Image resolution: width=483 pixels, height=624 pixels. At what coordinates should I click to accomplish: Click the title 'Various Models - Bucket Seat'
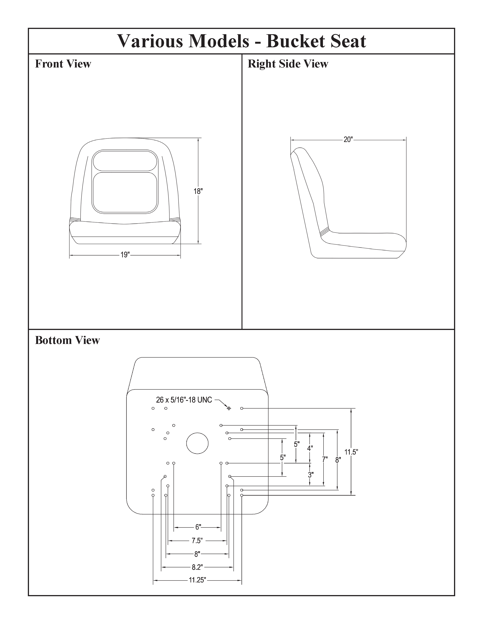click(x=241, y=41)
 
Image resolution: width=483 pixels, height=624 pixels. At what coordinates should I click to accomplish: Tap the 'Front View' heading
click(x=63, y=64)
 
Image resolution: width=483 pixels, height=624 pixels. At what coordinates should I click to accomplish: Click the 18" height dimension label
click(x=198, y=191)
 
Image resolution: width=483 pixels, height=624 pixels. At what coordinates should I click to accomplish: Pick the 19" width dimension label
click(x=125, y=255)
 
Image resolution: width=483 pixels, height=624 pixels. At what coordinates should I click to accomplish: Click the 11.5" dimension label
click(x=351, y=452)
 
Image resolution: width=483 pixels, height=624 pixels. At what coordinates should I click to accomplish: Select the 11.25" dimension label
click(x=197, y=580)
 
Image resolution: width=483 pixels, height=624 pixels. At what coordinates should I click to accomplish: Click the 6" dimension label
click(x=198, y=527)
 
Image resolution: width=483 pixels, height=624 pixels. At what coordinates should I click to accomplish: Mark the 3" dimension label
click(x=310, y=475)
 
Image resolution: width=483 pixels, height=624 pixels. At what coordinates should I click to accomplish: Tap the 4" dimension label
click(x=310, y=449)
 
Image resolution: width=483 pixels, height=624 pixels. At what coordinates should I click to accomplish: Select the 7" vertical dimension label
click(x=325, y=459)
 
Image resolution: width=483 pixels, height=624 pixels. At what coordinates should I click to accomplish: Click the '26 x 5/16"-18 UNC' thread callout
click(x=184, y=400)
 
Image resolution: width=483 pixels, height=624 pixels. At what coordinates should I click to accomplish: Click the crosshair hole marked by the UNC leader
click(x=229, y=408)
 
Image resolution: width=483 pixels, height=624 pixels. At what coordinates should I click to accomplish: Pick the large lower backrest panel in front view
click(x=125, y=192)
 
